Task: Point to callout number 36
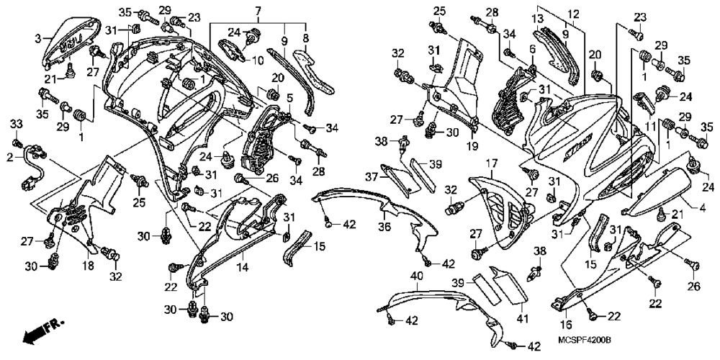(x=386, y=227)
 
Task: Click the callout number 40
(x=416, y=276)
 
